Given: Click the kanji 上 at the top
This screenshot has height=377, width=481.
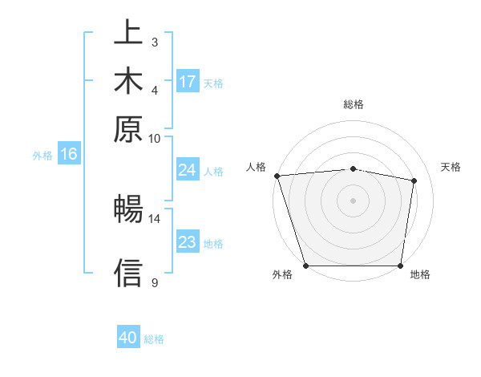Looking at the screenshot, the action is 128,34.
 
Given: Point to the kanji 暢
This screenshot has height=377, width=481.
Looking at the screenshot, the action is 128,210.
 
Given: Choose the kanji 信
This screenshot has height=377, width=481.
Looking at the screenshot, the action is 128,274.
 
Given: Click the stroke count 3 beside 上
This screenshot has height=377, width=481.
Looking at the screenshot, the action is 154,42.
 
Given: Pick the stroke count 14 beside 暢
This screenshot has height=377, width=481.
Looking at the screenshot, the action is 154,218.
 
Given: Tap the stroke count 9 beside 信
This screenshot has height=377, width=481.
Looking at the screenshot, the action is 154,282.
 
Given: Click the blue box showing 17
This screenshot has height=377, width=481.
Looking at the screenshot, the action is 188,82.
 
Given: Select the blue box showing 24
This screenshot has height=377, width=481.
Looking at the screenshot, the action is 187,170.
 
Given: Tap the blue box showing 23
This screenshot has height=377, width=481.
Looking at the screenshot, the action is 187,242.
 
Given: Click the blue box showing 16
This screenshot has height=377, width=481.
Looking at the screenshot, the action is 69,154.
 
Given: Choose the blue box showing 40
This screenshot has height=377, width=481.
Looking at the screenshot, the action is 128,338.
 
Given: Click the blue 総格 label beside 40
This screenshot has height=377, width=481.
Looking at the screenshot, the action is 154,339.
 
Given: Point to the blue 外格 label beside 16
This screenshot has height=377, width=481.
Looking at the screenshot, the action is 42,156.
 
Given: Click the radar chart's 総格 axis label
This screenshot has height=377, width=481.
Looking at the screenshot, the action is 354,104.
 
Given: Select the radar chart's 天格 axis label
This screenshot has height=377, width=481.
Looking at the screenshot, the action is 451,167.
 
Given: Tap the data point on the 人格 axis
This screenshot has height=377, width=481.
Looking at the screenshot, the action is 277,176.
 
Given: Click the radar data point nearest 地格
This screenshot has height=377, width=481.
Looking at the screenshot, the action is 401,266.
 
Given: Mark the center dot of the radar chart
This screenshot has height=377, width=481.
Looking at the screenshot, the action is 354,201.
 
